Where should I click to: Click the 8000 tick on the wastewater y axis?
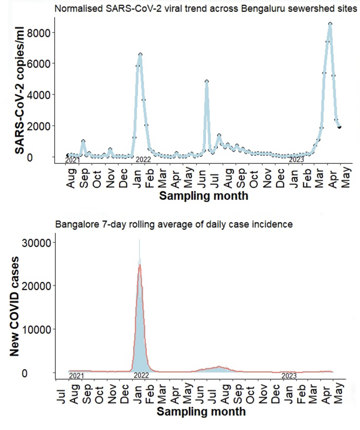44,32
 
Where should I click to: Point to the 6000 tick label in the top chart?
44,63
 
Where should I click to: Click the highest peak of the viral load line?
330,24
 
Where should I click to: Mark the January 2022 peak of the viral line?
140,55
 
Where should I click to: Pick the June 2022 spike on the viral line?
207,82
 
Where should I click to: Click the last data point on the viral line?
339,127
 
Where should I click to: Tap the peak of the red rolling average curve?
140,265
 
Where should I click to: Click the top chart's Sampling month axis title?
203,196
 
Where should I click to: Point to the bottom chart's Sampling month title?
200,412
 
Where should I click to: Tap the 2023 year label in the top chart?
296,160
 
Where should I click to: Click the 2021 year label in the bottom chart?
76,376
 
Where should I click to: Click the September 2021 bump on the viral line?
83,141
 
